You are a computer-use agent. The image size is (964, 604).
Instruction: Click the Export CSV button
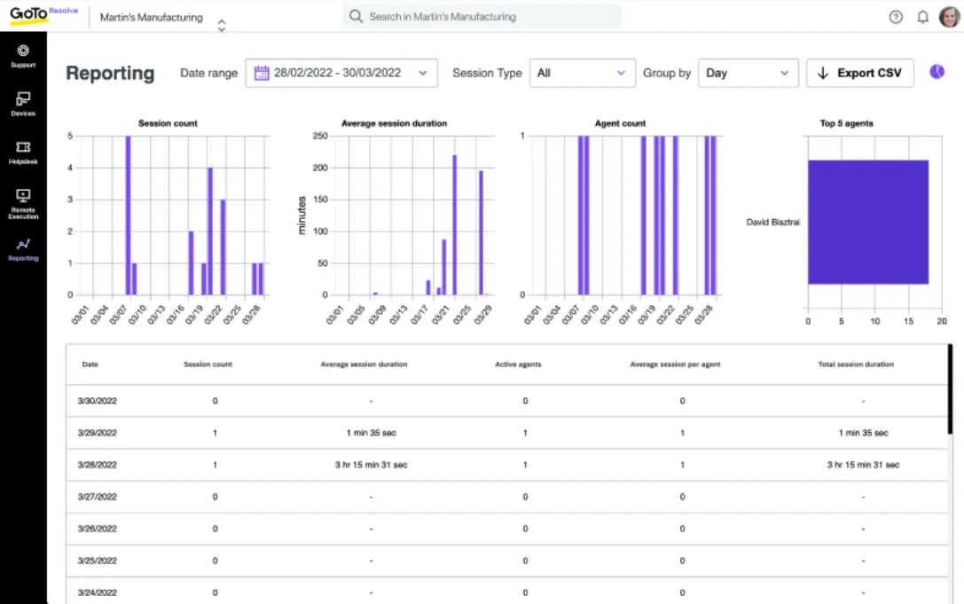pos(859,73)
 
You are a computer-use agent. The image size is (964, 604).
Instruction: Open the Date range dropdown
pos(341,73)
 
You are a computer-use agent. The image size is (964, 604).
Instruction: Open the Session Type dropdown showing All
pos(582,73)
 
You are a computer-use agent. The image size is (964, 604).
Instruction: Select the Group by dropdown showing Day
pos(748,73)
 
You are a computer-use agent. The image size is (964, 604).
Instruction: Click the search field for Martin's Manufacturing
pos(482,17)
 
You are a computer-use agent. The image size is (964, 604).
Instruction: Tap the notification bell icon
pos(923,17)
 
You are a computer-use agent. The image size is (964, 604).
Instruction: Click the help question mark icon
pos(896,17)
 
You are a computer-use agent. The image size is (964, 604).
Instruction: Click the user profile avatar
pos(950,17)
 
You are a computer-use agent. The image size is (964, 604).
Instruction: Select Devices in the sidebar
pos(23,104)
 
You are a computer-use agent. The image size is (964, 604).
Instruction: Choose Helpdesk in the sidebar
pos(23,153)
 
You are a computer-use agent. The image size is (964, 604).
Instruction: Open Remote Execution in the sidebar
pos(23,204)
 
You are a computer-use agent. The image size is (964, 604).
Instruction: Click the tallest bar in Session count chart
pos(128,216)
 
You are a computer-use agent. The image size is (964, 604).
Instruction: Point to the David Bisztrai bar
pos(868,222)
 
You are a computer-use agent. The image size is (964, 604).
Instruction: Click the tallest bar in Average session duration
pos(454,225)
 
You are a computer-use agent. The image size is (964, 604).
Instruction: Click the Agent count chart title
pos(620,123)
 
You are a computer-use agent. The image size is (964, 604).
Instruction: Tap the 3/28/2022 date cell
pos(98,465)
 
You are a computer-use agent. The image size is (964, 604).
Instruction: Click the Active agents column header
pos(518,365)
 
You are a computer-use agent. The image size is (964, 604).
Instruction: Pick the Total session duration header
pos(856,365)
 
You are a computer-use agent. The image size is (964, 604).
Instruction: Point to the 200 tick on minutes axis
pos(320,168)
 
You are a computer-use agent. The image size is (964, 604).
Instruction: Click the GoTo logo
pos(29,14)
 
